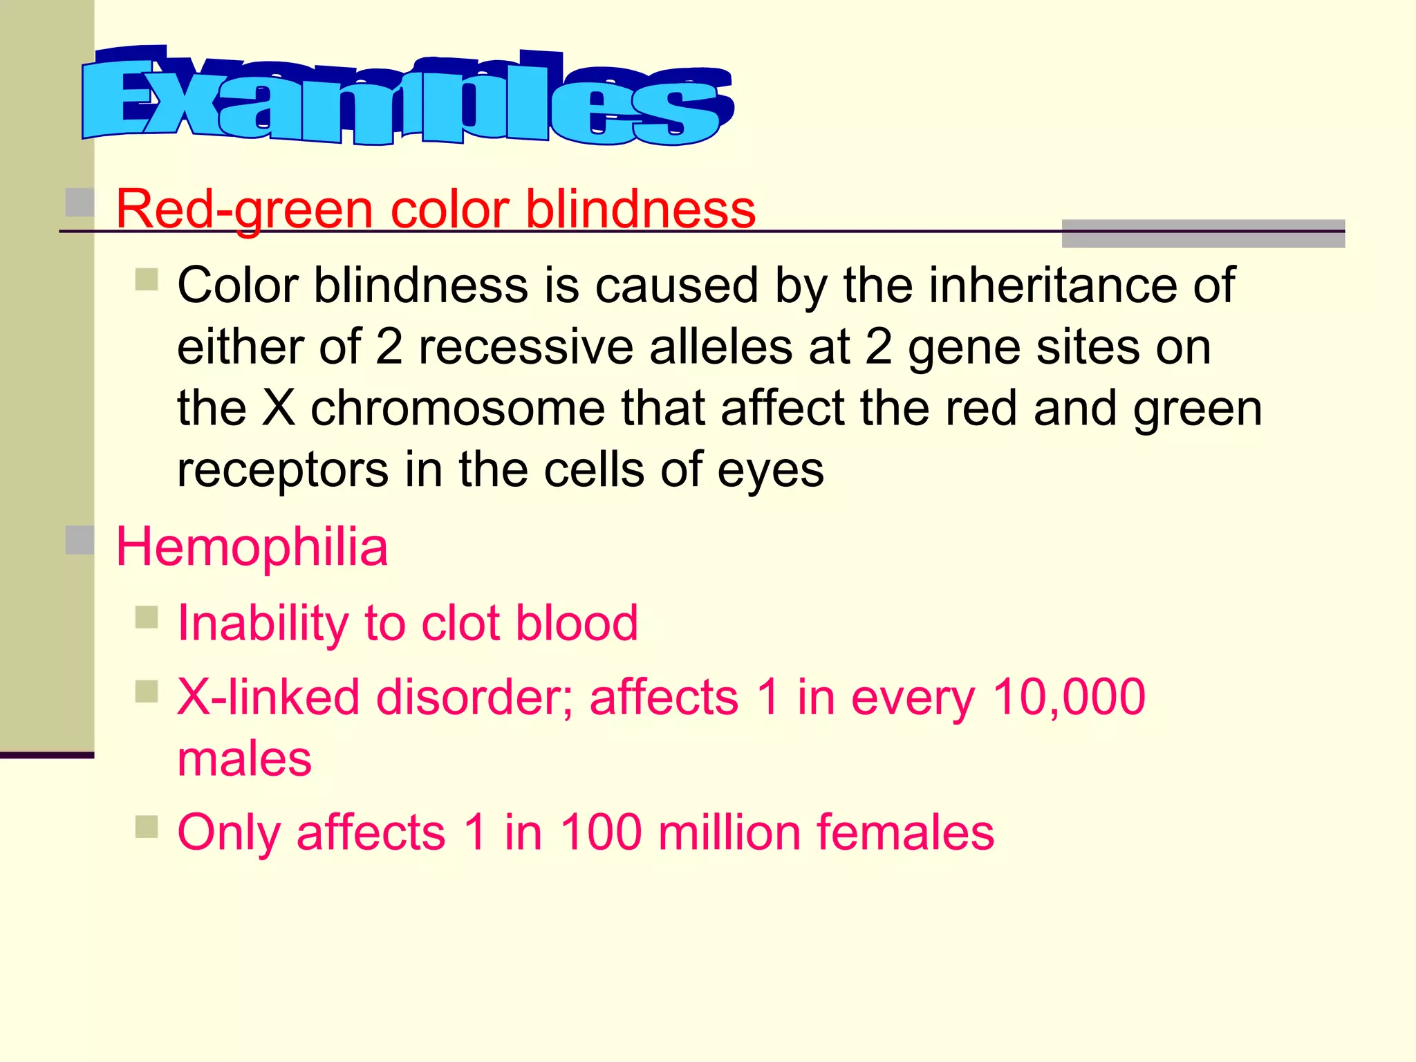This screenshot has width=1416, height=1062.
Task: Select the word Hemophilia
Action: (252, 547)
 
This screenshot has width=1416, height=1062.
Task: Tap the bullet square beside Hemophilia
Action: (80, 540)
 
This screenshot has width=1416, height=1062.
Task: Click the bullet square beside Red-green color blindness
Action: (80, 202)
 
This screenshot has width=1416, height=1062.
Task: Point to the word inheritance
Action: (1051, 285)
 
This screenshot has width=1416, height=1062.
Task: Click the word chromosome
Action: (457, 408)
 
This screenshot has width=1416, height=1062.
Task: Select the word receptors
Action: (283, 470)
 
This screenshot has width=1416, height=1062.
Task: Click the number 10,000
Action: (1069, 696)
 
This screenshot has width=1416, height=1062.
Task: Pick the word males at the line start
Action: (245, 758)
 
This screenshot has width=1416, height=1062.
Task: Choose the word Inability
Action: (263, 623)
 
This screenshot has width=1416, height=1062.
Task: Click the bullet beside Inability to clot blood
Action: (147, 617)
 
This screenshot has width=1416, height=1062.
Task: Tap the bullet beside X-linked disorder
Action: (147, 691)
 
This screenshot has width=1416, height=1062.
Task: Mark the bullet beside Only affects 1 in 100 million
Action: (147, 826)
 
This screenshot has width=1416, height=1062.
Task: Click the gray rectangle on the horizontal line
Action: (1203, 234)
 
